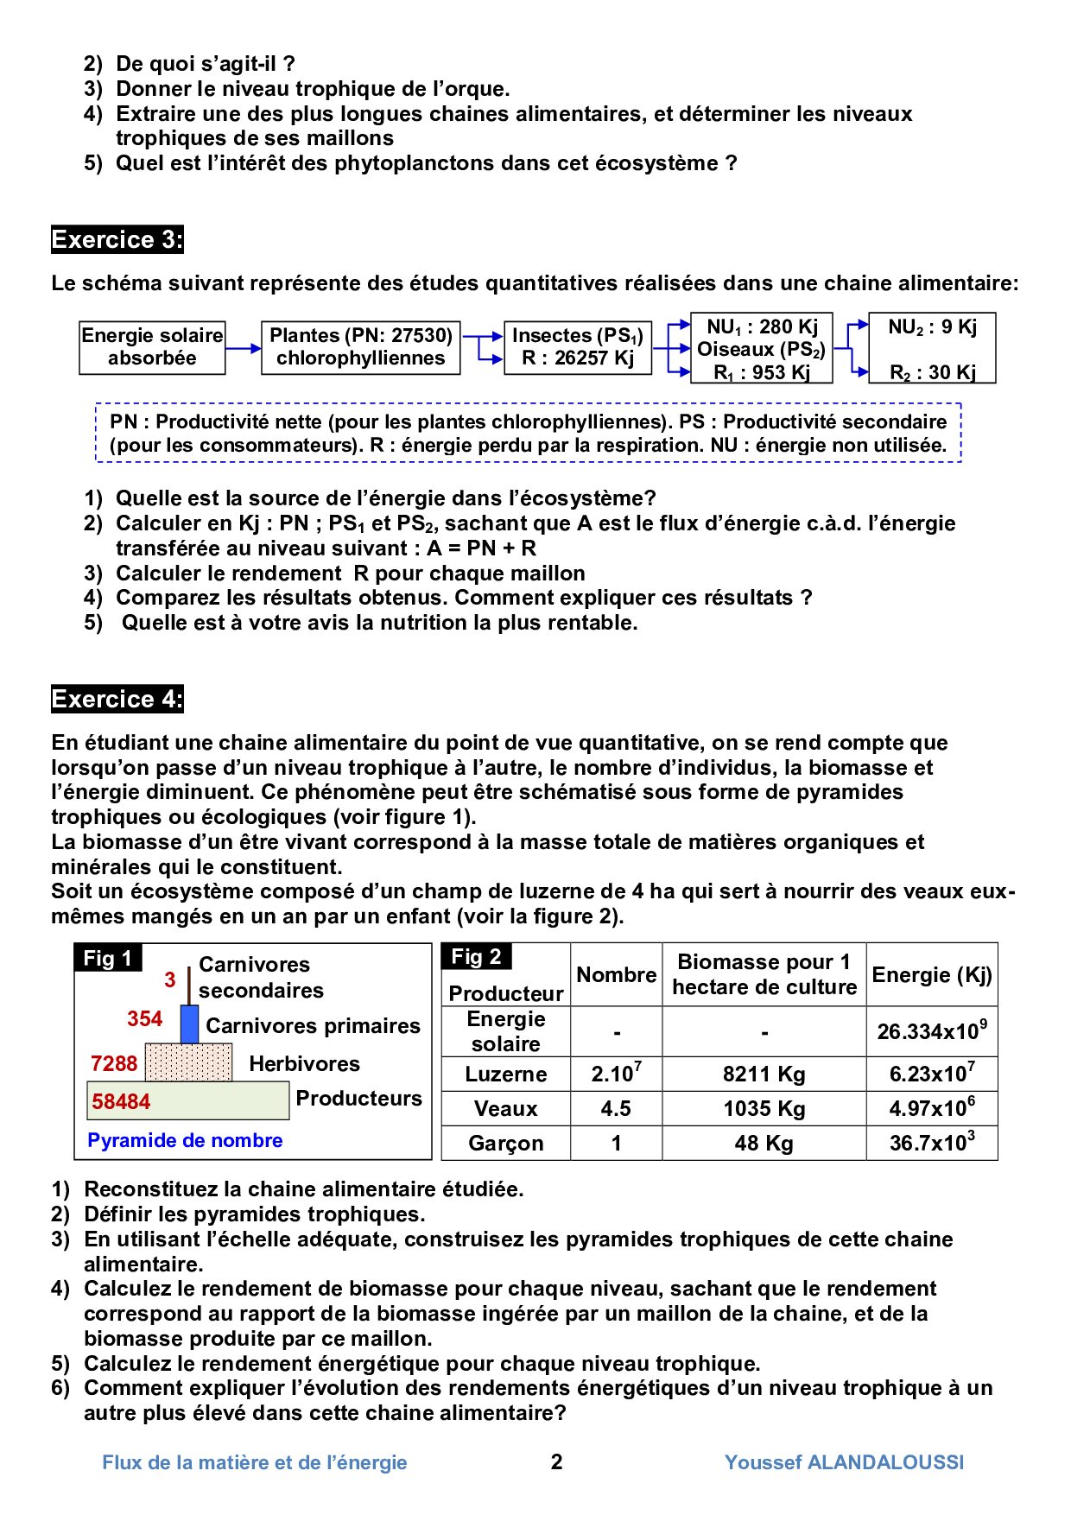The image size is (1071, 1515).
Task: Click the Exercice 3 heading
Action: coord(117,239)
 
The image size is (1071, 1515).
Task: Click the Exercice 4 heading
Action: coord(117,699)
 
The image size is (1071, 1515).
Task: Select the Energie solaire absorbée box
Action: coord(152,347)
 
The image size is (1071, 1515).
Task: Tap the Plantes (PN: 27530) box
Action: coord(360,347)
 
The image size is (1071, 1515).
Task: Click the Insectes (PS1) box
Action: coord(577,347)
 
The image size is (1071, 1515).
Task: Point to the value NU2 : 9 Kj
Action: coord(932,327)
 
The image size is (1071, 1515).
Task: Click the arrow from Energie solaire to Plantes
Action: coord(243,348)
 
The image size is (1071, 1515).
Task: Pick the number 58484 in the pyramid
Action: coord(121,1101)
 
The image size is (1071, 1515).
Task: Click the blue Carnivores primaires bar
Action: coord(189,1024)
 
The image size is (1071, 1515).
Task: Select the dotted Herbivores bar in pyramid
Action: coord(188,1062)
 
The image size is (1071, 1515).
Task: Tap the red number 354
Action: coord(144,1019)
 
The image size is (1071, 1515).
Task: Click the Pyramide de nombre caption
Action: coord(185,1140)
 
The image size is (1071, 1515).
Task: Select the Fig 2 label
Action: coord(477,956)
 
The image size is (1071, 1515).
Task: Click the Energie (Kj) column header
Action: coord(932,975)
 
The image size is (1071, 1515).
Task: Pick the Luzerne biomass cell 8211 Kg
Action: coord(764,1074)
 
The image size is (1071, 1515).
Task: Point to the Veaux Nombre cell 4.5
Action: coord(616,1108)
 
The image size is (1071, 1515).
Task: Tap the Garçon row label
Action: coord(506,1144)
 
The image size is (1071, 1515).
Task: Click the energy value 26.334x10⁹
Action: coord(932,1031)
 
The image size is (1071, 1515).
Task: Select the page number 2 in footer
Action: coord(557,1461)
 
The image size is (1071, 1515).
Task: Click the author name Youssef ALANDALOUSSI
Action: coord(844,1462)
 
